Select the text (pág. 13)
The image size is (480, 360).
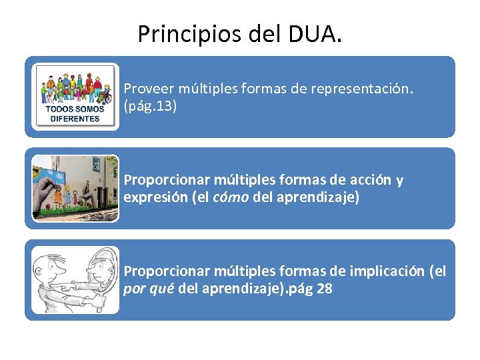pos(150,107)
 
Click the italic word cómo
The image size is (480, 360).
pos(230,198)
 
